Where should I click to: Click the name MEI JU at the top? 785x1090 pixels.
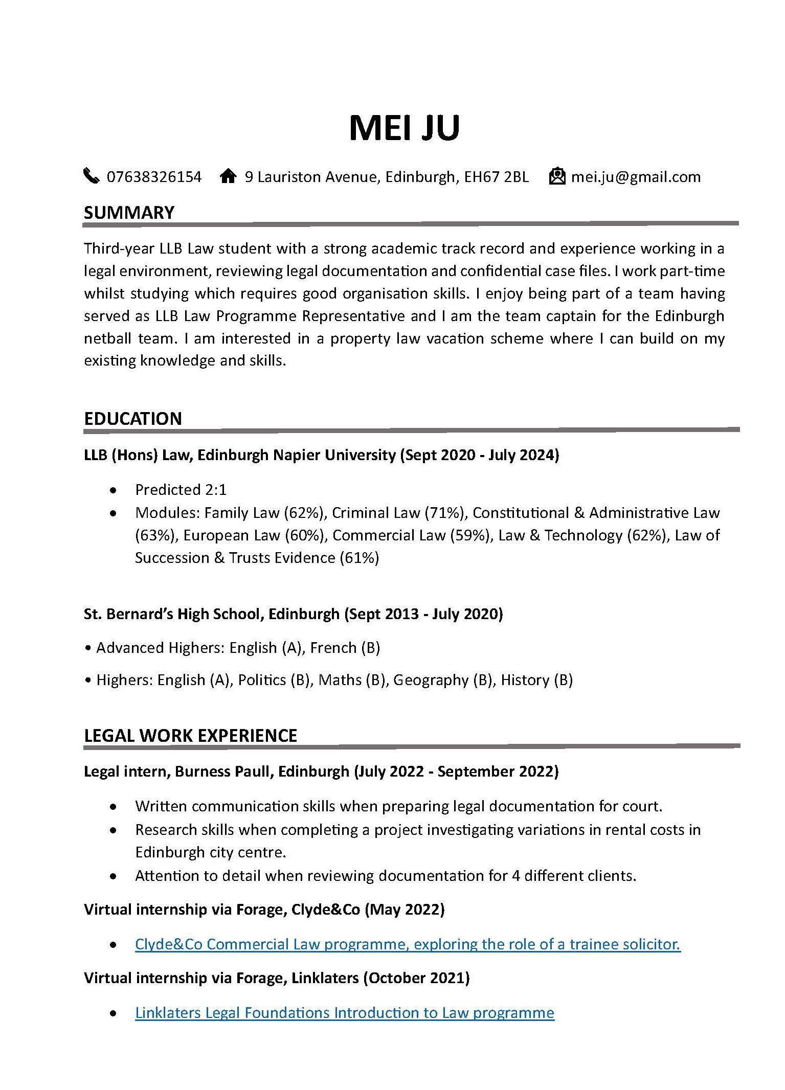pyautogui.click(x=404, y=127)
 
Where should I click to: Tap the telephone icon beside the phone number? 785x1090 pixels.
pyautogui.click(x=91, y=176)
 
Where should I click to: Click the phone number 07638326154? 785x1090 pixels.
pyautogui.click(x=154, y=177)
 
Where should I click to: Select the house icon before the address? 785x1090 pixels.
pyautogui.click(x=228, y=176)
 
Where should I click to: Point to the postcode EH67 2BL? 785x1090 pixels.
pyautogui.click(x=496, y=177)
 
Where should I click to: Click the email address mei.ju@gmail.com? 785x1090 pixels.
pyautogui.click(x=636, y=177)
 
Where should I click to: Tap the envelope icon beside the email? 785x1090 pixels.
pyautogui.click(x=557, y=176)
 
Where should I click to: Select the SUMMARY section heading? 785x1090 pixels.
pyautogui.click(x=129, y=212)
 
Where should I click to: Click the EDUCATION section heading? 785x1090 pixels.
pyautogui.click(x=132, y=418)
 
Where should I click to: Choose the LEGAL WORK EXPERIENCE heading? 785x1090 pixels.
pyautogui.click(x=190, y=735)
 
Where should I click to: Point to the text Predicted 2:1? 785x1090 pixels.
pyautogui.click(x=181, y=490)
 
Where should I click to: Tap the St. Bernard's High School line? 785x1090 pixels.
pyautogui.click(x=293, y=614)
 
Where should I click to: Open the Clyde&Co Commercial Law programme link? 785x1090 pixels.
pyautogui.click(x=408, y=944)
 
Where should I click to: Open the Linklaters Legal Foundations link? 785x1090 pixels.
pyautogui.click(x=344, y=1013)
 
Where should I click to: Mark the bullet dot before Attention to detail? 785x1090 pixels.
pyautogui.click(x=114, y=876)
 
